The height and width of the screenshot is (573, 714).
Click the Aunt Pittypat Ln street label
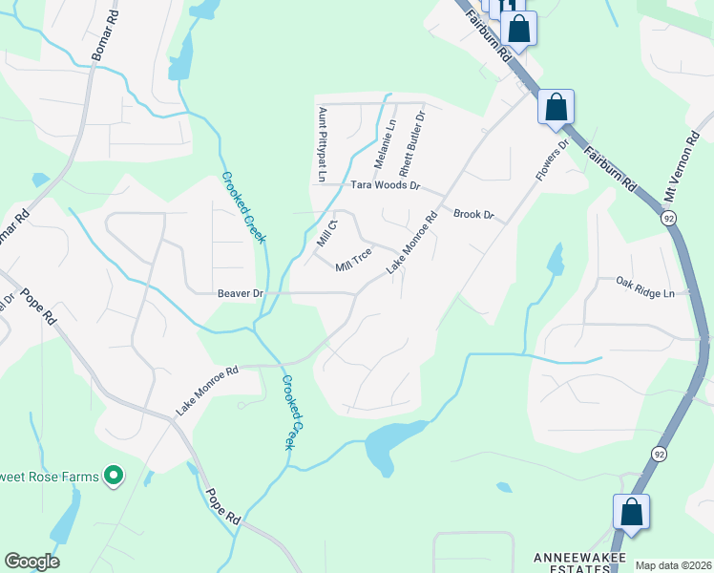pyautogui.click(x=322, y=144)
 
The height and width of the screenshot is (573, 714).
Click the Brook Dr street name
pyautogui.click(x=473, y=215)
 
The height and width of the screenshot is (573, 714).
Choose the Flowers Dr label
pyautogui.click(x=552, y=160)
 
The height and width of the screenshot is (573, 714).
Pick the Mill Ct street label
pyautogui.click(x=327, y=235)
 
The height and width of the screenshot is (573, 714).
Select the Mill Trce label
pyautogui.click(x=353, y=259)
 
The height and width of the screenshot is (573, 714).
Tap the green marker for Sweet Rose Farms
pyautogui.click(x=115, y=475)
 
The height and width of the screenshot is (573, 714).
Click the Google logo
pyautogui.click(x=31, y=562)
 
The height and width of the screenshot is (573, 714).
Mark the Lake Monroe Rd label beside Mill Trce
pyautogui.click(x=411, y=244)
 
